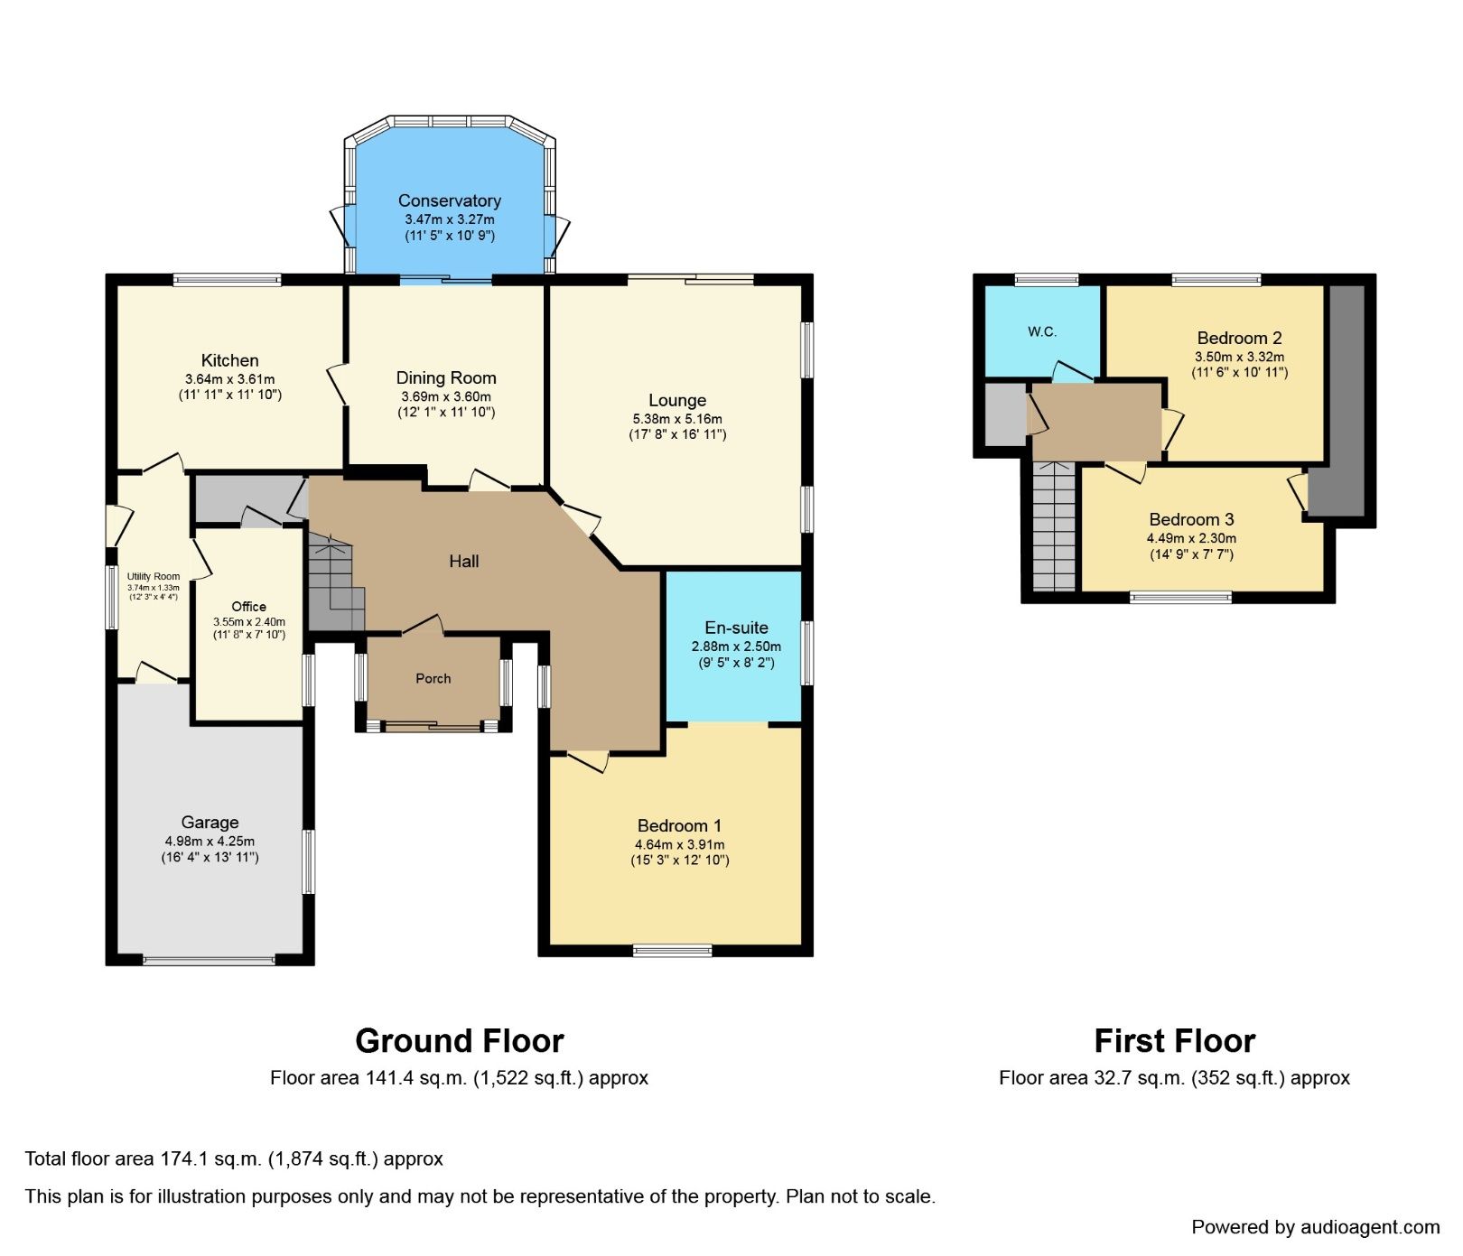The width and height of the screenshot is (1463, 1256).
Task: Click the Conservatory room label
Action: coord(449,200)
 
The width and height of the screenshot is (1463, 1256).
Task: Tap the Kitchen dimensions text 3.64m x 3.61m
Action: coord(229,379)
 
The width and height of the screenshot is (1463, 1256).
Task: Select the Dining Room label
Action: coord(446,377)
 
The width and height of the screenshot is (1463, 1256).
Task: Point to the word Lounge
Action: coord(677,400)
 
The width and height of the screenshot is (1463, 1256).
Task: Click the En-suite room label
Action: coord(736,628)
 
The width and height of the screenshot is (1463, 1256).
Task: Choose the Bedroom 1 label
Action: coord(679,825)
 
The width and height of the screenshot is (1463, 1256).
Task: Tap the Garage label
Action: coord(210,822)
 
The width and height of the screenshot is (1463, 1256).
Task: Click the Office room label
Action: coord(248,607)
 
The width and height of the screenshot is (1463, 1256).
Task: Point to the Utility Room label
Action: coord(154,576)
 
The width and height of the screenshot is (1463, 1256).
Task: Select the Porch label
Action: coord(433,678)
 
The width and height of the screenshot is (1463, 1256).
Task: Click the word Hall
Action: coord(463,561)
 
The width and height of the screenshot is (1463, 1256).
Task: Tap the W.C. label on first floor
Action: coord(1042,331)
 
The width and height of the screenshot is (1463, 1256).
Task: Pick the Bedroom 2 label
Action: coord(1239,338)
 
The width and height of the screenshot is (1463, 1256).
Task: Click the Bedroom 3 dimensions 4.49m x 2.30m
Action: coord(1191,538)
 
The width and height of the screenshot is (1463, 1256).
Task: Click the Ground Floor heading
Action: coord(459,1040)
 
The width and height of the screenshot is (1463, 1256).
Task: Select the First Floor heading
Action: coord(1174,1040)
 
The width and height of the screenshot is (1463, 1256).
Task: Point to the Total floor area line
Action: coord(234,1158)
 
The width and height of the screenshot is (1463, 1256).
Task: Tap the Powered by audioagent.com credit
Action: coord(1315,1227)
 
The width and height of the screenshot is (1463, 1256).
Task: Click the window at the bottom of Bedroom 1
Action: coord(672,949)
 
